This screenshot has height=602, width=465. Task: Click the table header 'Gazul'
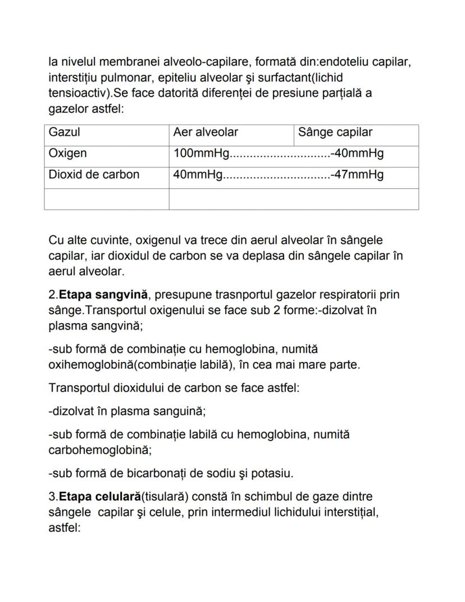[65, 132]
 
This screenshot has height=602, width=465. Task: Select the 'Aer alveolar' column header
[206, 132]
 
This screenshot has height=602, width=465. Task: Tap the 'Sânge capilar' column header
[335, 132]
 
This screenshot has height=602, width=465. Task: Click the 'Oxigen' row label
[68, 153]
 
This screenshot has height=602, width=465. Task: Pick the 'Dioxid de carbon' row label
[94, 174]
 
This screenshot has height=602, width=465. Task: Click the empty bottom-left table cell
[107, 198]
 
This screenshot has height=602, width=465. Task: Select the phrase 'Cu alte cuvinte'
[88, 241]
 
